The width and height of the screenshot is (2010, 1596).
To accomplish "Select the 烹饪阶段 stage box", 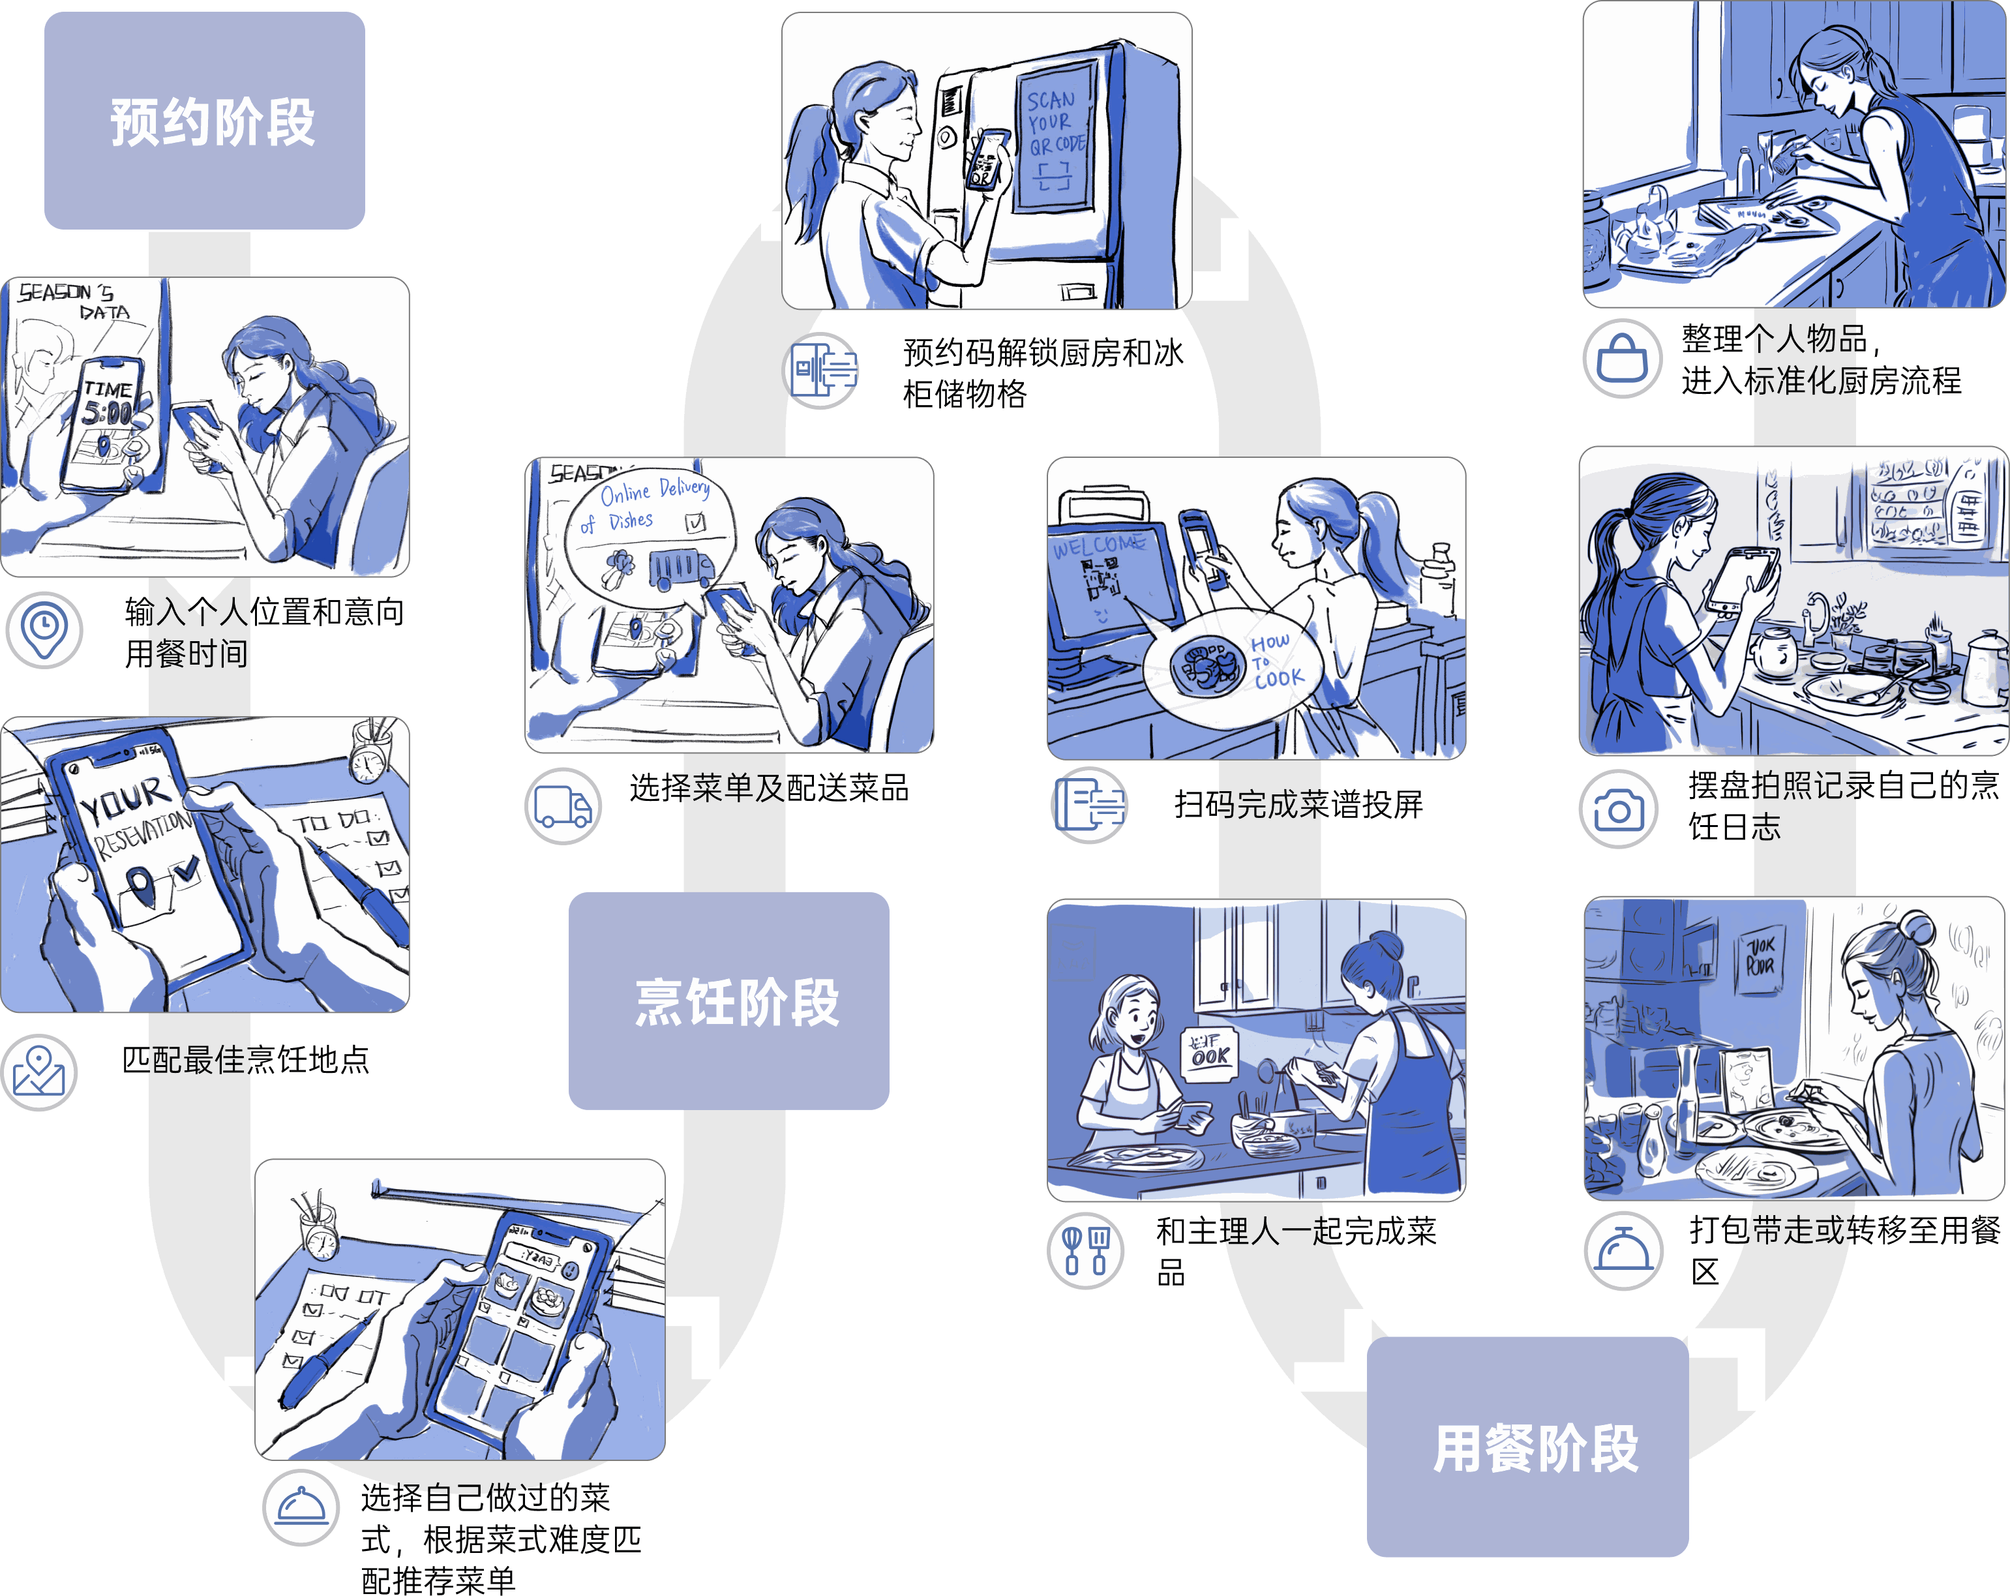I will pos(728,1001).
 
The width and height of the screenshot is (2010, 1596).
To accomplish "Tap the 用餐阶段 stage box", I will pos(1527,1446).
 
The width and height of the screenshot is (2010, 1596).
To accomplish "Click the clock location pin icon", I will pos(44,629).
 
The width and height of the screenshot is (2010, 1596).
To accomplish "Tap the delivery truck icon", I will pos(562,806).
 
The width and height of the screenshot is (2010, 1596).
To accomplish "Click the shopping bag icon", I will pos(1621,358).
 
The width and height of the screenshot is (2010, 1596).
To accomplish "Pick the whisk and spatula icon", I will pos(1085,1249).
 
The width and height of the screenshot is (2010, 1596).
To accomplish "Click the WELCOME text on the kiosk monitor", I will pos(1098,545).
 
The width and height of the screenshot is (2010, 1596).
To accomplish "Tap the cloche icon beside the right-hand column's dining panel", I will pos(1622,1251).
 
